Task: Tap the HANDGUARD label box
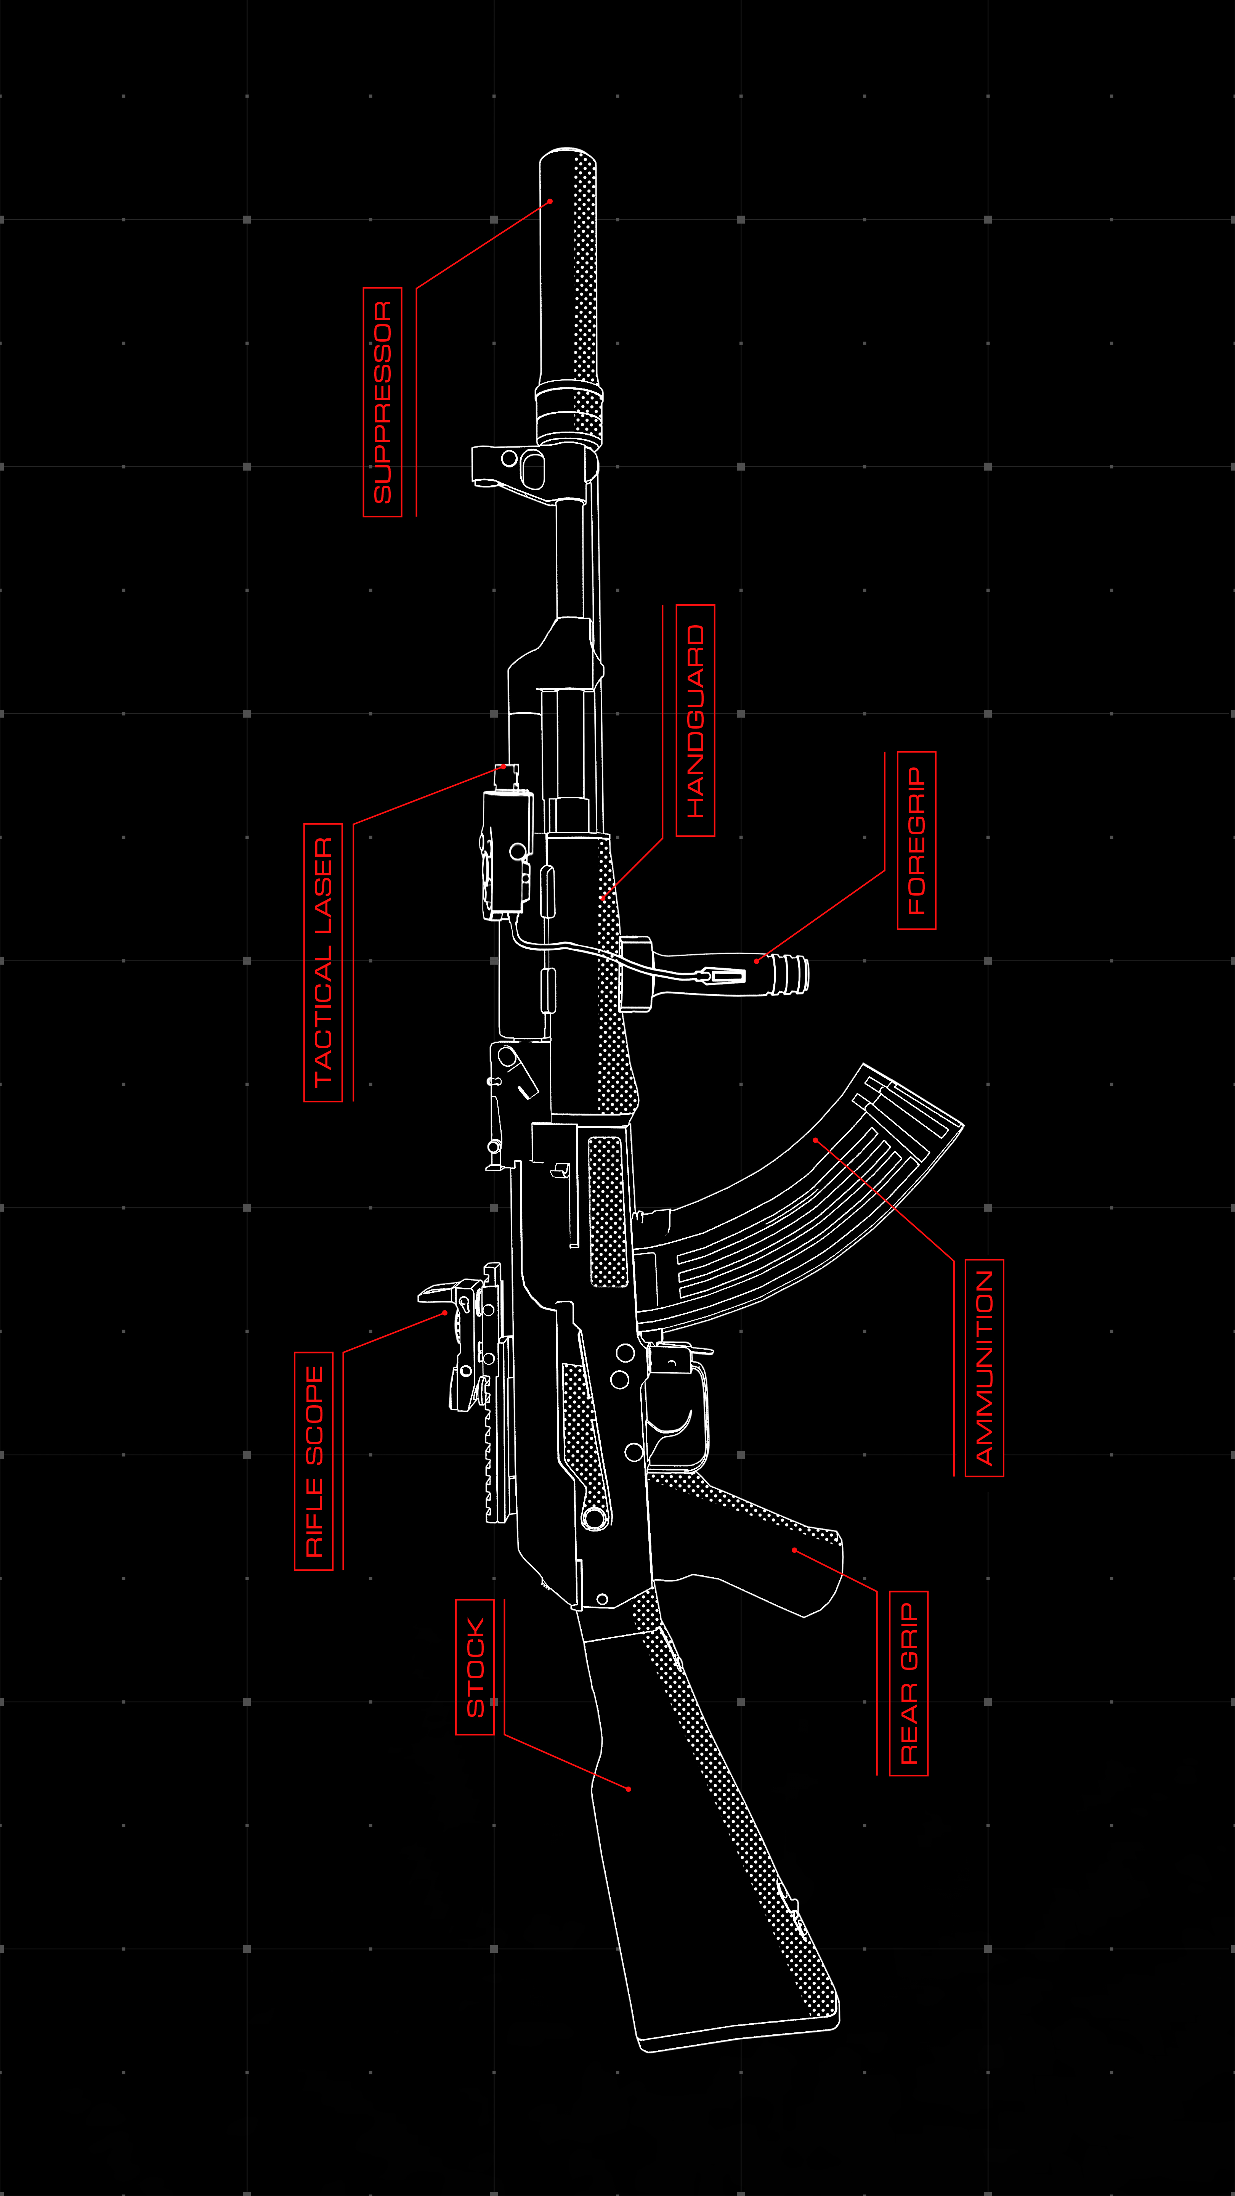(696, 720)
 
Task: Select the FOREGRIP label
(916, 841)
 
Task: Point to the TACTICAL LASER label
(323, 962)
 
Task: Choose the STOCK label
(475, 1668)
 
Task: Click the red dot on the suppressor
(550, 201)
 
